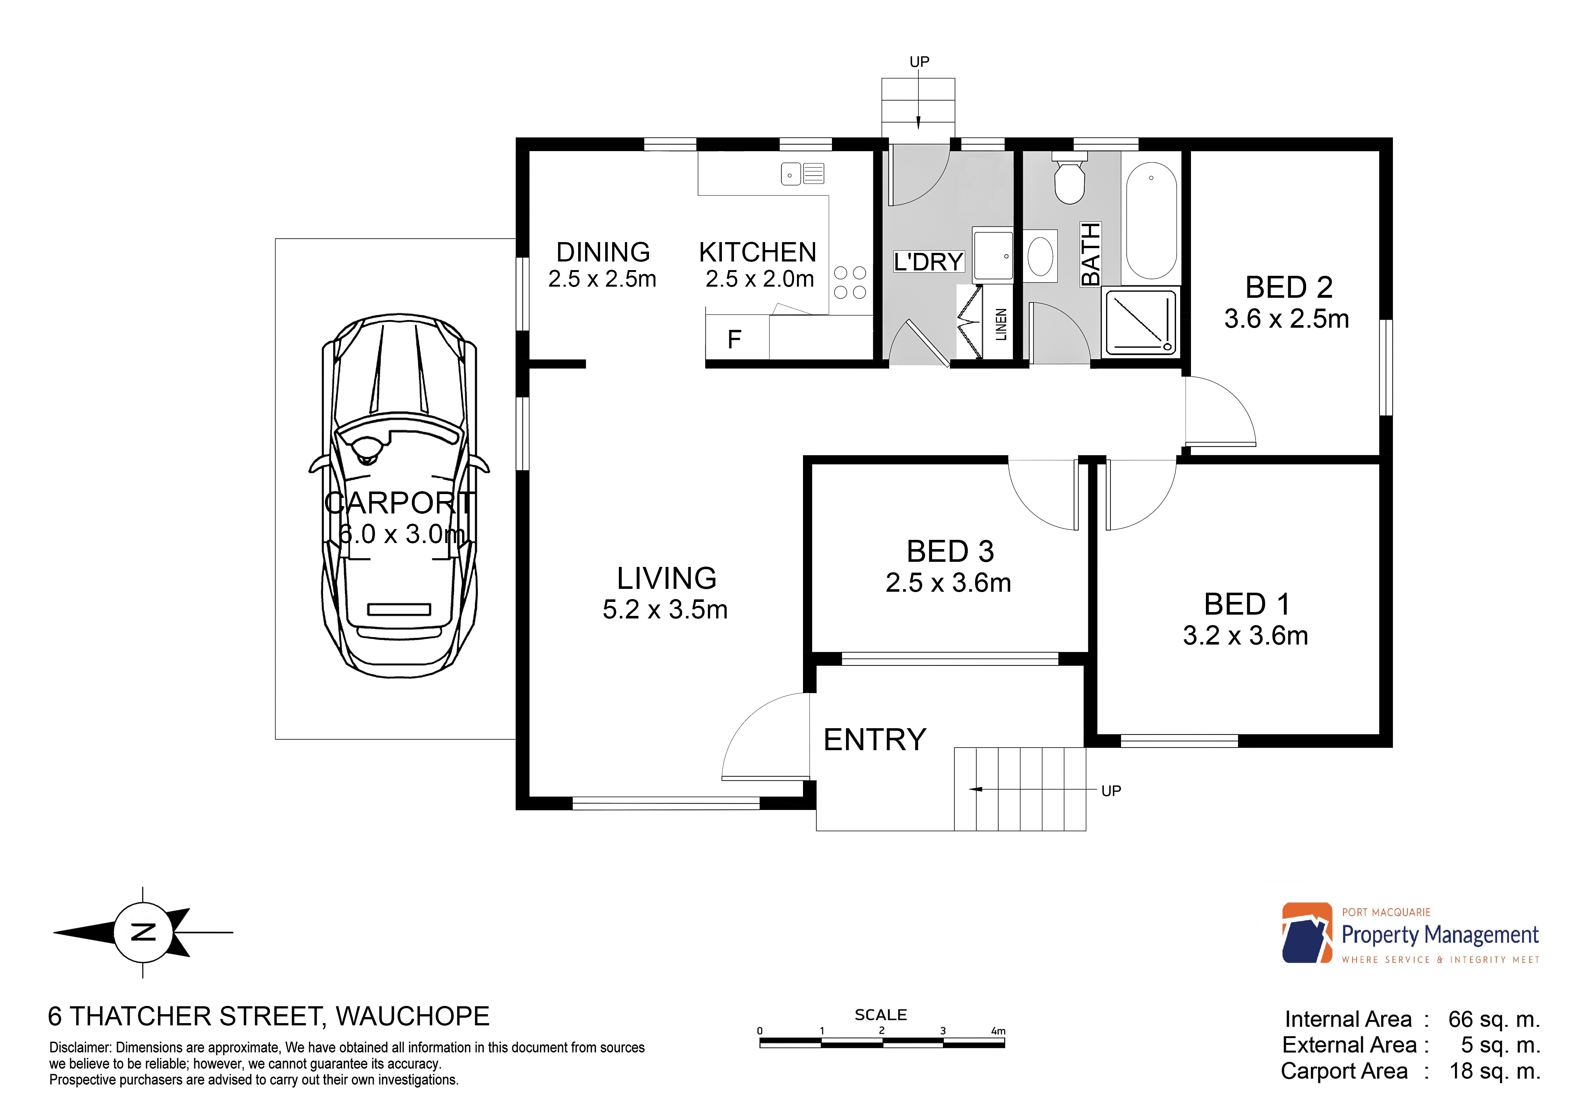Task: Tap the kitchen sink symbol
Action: pos(803,174)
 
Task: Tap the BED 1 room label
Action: pos(1247,604)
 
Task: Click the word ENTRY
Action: pos(875,740)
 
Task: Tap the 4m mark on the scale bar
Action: pos(998,1031)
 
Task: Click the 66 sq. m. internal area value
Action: pos(1494,1019)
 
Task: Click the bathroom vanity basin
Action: pos(1041,256)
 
